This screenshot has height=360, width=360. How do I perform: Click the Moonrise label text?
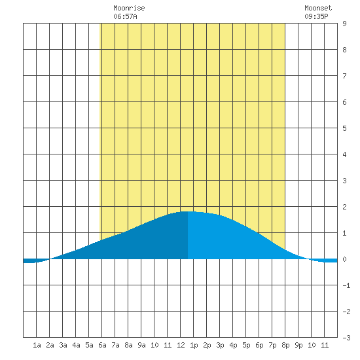(x=129, y=8)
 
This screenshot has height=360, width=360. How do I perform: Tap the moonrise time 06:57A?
(x=125, y=16)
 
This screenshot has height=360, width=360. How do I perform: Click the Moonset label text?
(x=318, y=8)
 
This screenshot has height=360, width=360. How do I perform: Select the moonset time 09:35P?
(x=316, y=16)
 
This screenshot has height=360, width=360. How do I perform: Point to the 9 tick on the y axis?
(x=344, y=24)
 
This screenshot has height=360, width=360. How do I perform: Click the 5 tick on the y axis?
(x=344, y=128)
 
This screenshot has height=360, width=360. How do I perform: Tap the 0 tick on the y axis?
(x=344, y=259)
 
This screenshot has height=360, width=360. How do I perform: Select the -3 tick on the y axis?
(x=346, y=338)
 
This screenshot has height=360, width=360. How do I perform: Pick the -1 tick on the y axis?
(x=346, y=285)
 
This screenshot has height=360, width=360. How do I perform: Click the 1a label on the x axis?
(x=37, y=345)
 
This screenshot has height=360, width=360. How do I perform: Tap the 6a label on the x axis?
(x=102, y=345)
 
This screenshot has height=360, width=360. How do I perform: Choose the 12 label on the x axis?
(x=181, y=345)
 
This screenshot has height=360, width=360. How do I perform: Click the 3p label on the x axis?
(x=220, y=345)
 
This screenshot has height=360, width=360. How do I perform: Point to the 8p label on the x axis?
(x=285, y=345)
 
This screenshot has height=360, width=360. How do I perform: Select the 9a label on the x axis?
(x=141, y=345)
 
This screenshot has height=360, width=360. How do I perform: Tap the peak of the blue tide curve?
(x=188, y=211)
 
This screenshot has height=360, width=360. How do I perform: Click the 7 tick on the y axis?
(x=344, y=76)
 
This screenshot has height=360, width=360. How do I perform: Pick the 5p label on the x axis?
(x=246, y=345)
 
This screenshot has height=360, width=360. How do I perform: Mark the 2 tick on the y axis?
(x=344, y=207)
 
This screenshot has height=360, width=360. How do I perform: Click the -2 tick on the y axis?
(x=346, y=312)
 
